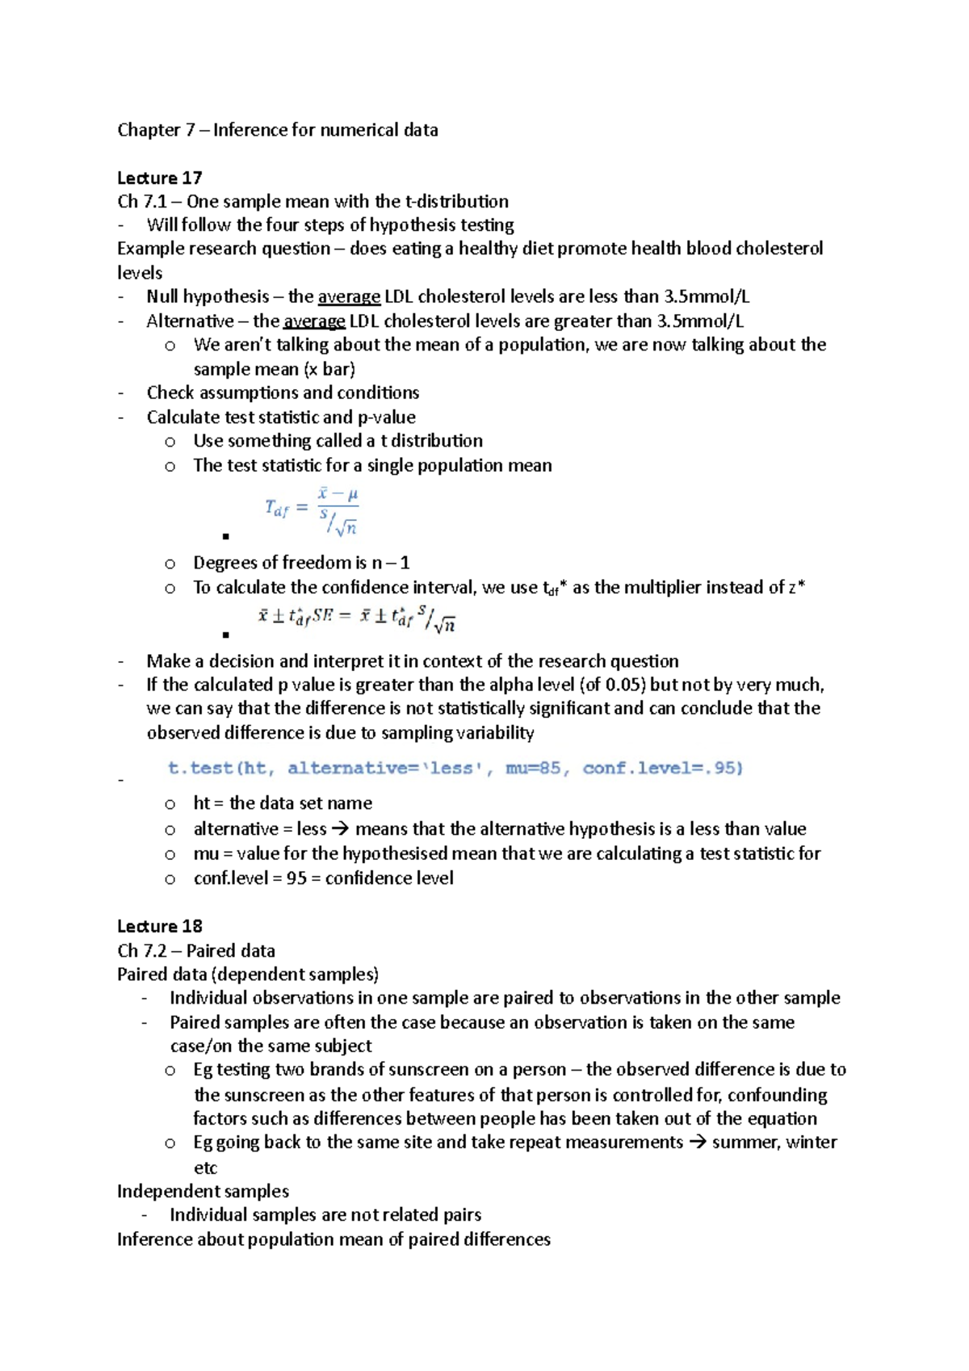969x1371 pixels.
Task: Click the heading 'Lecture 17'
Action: pos(159,178)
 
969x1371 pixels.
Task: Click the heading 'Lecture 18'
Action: pos(159,926)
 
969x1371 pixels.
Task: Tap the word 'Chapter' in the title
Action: pos(149,130)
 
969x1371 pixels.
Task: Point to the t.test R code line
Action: pos(455,768)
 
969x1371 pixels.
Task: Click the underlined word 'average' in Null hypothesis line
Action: pos(349,296)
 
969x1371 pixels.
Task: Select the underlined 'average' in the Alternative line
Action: pos(314,321)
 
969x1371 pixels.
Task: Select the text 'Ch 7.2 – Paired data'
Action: pos(196,950)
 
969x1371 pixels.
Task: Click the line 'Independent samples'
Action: pos(203,1191)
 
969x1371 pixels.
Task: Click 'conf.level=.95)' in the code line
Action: pos(662,768)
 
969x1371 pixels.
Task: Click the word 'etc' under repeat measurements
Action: pos(205,1168)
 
